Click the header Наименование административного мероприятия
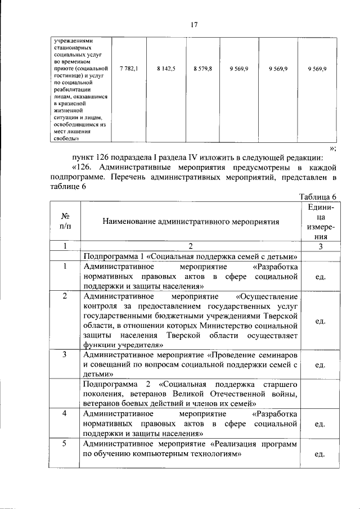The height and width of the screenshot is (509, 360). (x=191, y=222)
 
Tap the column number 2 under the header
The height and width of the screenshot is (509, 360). (x=191, y=246)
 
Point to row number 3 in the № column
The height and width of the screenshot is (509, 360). (x=65, y=355)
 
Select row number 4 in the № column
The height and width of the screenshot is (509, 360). (x=65, y=413)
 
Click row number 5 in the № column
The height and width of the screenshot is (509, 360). (x=65, y=443)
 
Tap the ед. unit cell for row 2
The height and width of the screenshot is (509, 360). (x=319, y=321)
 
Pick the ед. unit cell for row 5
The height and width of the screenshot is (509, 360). (x=319, y=453)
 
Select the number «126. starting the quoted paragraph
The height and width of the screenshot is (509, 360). (x=86, y=167)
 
